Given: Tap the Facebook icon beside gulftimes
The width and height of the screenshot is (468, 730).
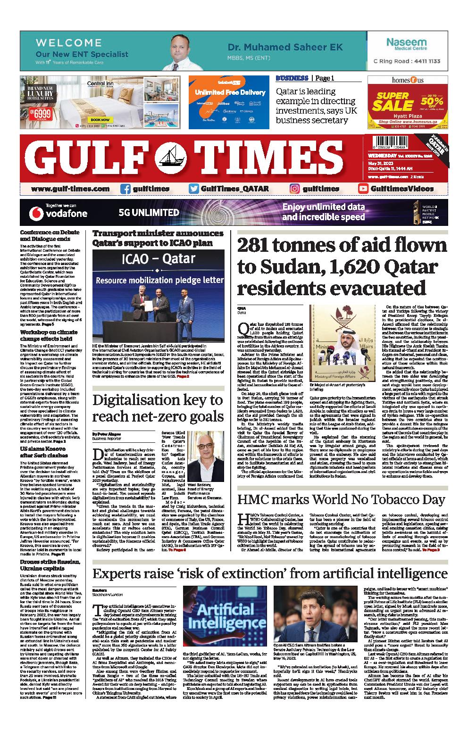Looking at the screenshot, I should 125,189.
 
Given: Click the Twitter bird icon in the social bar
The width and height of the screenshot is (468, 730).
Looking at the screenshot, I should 193,189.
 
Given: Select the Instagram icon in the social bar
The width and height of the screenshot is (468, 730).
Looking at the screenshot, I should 295,189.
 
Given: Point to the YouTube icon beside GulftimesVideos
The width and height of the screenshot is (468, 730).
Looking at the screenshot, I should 363,189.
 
